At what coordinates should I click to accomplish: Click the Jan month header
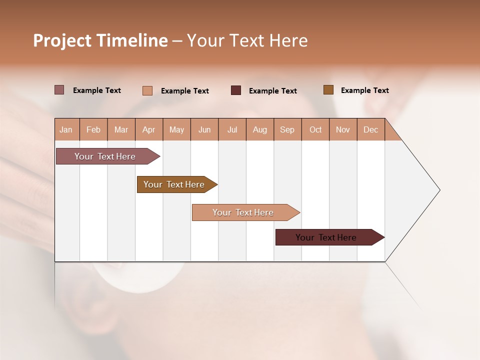[x=66, y=129]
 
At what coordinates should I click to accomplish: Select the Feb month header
[x=93, y=129]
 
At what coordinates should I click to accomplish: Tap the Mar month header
[x=121, y=129]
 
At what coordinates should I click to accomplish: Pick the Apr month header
[x=149, y=129]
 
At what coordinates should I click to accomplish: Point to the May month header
[x=176, y=129]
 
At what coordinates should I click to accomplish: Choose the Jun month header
[x=204, y=129]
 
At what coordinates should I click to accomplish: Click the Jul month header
[x=232, y=129]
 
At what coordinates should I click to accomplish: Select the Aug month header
[x=260, y=129]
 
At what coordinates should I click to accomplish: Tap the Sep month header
[x=287, y=129]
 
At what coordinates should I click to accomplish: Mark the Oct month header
[x=315, y=129]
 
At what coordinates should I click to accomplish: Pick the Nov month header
[x=343, y=129]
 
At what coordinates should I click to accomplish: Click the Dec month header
[x=371, y=129]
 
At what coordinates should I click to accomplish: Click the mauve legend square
[x=59, y=90]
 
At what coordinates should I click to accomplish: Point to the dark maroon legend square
[x=236, y=90]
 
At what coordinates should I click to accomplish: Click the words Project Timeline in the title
[x=100, y=40]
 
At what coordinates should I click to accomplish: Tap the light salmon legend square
[x=147, y=90]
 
